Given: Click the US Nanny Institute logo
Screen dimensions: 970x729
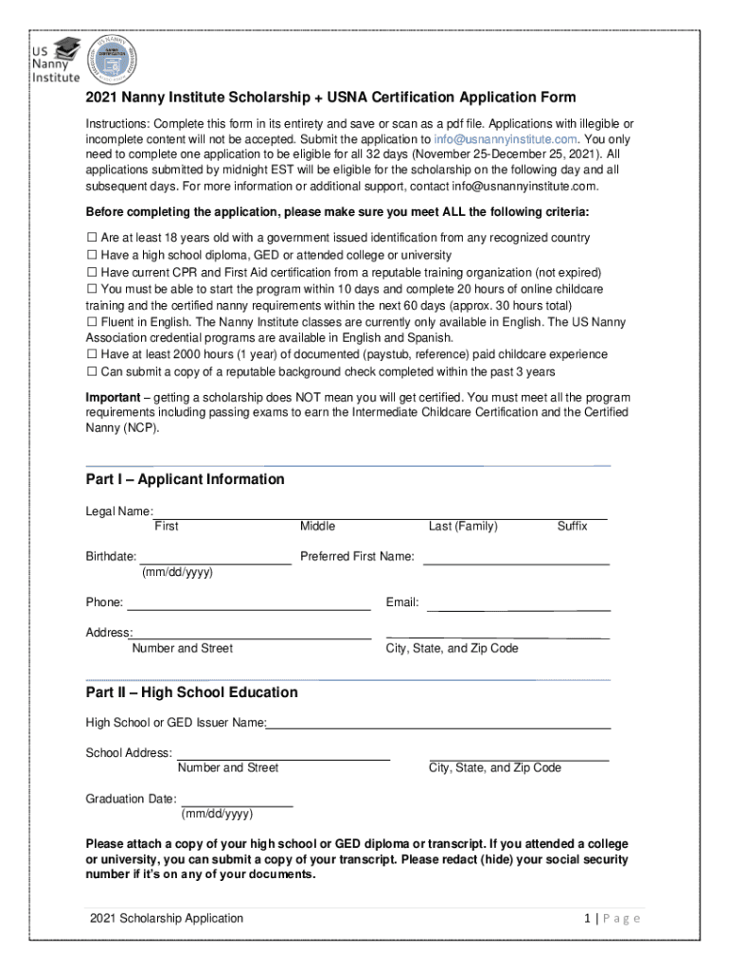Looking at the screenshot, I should pos(53,61).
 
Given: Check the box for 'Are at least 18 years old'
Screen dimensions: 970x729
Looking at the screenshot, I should pos(92,238).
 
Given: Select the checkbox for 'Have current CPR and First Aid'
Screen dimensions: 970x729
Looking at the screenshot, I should pos(92,272).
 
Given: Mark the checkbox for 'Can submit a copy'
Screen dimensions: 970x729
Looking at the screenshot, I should pos(92,371).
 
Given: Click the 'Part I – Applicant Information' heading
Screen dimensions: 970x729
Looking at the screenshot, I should pos(185,479).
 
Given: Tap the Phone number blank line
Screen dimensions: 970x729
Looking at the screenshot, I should pos(249,608).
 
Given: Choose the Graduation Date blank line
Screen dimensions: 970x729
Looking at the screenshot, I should pos(237,805).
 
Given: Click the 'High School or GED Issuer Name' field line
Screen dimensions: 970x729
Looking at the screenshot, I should pos(438,727).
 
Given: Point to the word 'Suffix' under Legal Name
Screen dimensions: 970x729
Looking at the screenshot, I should pos(572,526).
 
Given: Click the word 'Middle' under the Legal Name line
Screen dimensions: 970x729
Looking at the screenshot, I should pos(317,526).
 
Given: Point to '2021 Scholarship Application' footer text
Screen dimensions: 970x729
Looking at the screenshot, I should pos(167,918).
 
